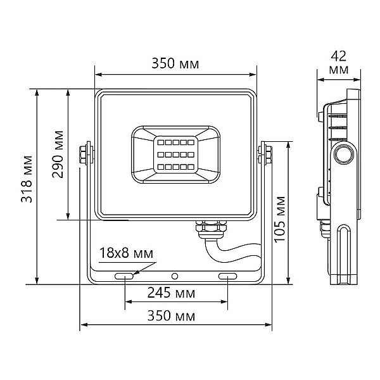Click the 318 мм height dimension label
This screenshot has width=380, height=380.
(27, 179)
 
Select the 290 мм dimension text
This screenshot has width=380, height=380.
(58, 155)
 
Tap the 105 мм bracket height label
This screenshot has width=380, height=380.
(280, 219)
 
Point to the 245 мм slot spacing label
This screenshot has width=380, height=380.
(171, 293)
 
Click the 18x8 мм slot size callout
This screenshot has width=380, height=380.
(126, 253)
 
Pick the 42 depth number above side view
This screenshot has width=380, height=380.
(339, 56)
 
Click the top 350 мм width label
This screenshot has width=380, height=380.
(175, 63)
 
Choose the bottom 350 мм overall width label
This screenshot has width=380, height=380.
(171, 316)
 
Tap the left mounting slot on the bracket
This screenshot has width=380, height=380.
(124, 276)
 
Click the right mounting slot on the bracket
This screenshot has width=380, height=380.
(227, 276)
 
